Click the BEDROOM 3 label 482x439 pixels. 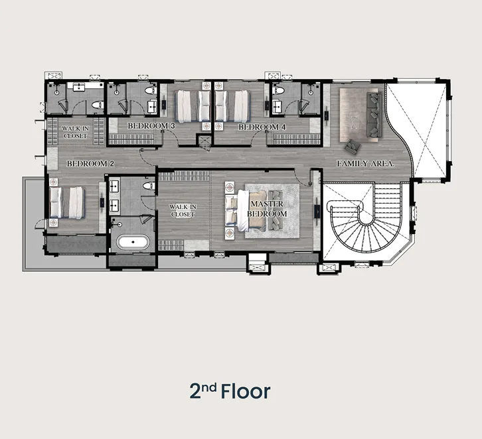(x=151, y=126)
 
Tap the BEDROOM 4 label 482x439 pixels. (x=262, y=127)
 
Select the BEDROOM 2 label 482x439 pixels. (x=90, y=164)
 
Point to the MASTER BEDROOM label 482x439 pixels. (x=267, y=209)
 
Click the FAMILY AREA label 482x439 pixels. (x=366, y=164)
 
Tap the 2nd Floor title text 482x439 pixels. (x=230, y=391)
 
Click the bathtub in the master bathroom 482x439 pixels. (x=133, y=242)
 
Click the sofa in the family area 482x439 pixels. (x=374, y=115)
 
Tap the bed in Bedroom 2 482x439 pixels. (x=66, y=203)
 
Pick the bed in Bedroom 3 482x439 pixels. (x=193, y=106)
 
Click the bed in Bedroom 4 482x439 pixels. (x=232, y=106)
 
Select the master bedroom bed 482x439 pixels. (x=246, y=210)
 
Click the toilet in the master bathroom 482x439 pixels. (x=149, y=186)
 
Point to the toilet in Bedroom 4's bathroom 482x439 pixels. (x=279, y=90)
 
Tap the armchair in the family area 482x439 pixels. (x=353, y=147)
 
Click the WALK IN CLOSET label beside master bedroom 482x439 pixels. (x=183, y=211)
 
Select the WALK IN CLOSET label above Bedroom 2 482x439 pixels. (x=75, y=132)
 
